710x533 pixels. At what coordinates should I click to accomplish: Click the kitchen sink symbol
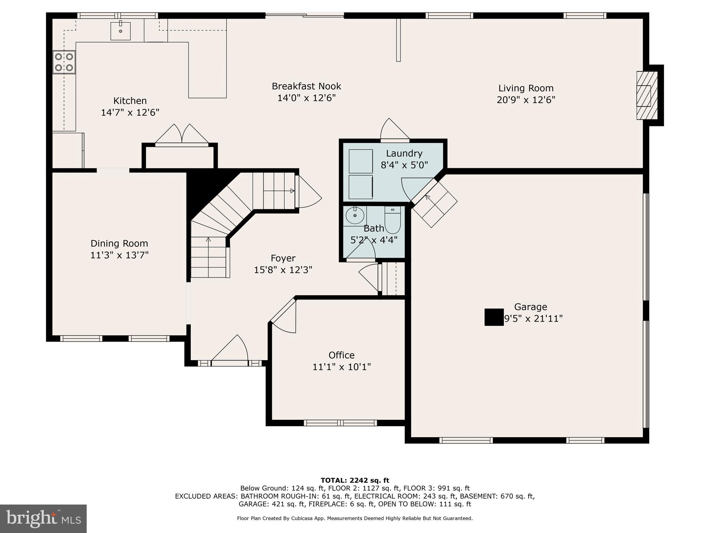(x=121, y=31)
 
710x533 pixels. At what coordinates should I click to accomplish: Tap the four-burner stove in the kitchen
(x=64, y=62)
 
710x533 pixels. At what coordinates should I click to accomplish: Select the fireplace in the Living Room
(x=647, y=95)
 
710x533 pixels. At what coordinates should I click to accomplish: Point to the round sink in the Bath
(x=355, y=216)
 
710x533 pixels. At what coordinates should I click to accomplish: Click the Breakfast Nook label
(x=306, y=86)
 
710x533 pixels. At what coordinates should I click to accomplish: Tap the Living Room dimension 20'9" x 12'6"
(x=526, y=100)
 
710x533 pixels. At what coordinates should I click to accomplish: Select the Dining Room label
(x=119, y=243)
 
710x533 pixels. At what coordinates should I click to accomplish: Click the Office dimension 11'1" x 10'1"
(x=341, y=367)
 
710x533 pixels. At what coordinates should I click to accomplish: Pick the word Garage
(x=530, y=307)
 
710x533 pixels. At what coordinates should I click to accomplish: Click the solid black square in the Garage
(x=494, y=317)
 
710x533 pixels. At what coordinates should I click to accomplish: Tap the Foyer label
(x=283, y=258)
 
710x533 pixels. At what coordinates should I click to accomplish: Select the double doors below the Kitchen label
(x=182, y=135)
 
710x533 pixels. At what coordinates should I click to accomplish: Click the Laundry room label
(x=404, y=153)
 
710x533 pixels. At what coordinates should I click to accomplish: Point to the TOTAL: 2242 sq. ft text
(x=355, y=480)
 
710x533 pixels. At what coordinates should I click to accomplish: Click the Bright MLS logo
(x=43, y=518)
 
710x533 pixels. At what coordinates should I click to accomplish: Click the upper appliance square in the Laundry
(x=361, y=161)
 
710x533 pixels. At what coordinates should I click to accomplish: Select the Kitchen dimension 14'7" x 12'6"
(x=130, y=112)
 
